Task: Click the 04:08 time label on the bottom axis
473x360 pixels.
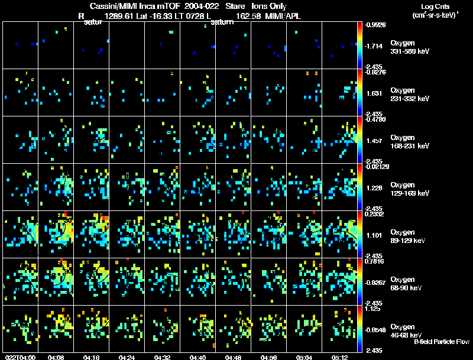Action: click(56, 357)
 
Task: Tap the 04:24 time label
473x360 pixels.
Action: click(127, 357)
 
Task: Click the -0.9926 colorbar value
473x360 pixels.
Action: click(375, 25)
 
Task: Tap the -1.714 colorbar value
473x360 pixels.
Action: click(375, 46)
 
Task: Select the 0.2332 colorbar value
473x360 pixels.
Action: click(375, 215)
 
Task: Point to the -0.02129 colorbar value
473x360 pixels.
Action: click(377, 168)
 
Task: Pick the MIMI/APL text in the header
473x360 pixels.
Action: click(283, 16)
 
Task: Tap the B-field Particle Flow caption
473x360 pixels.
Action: click(442, 342)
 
